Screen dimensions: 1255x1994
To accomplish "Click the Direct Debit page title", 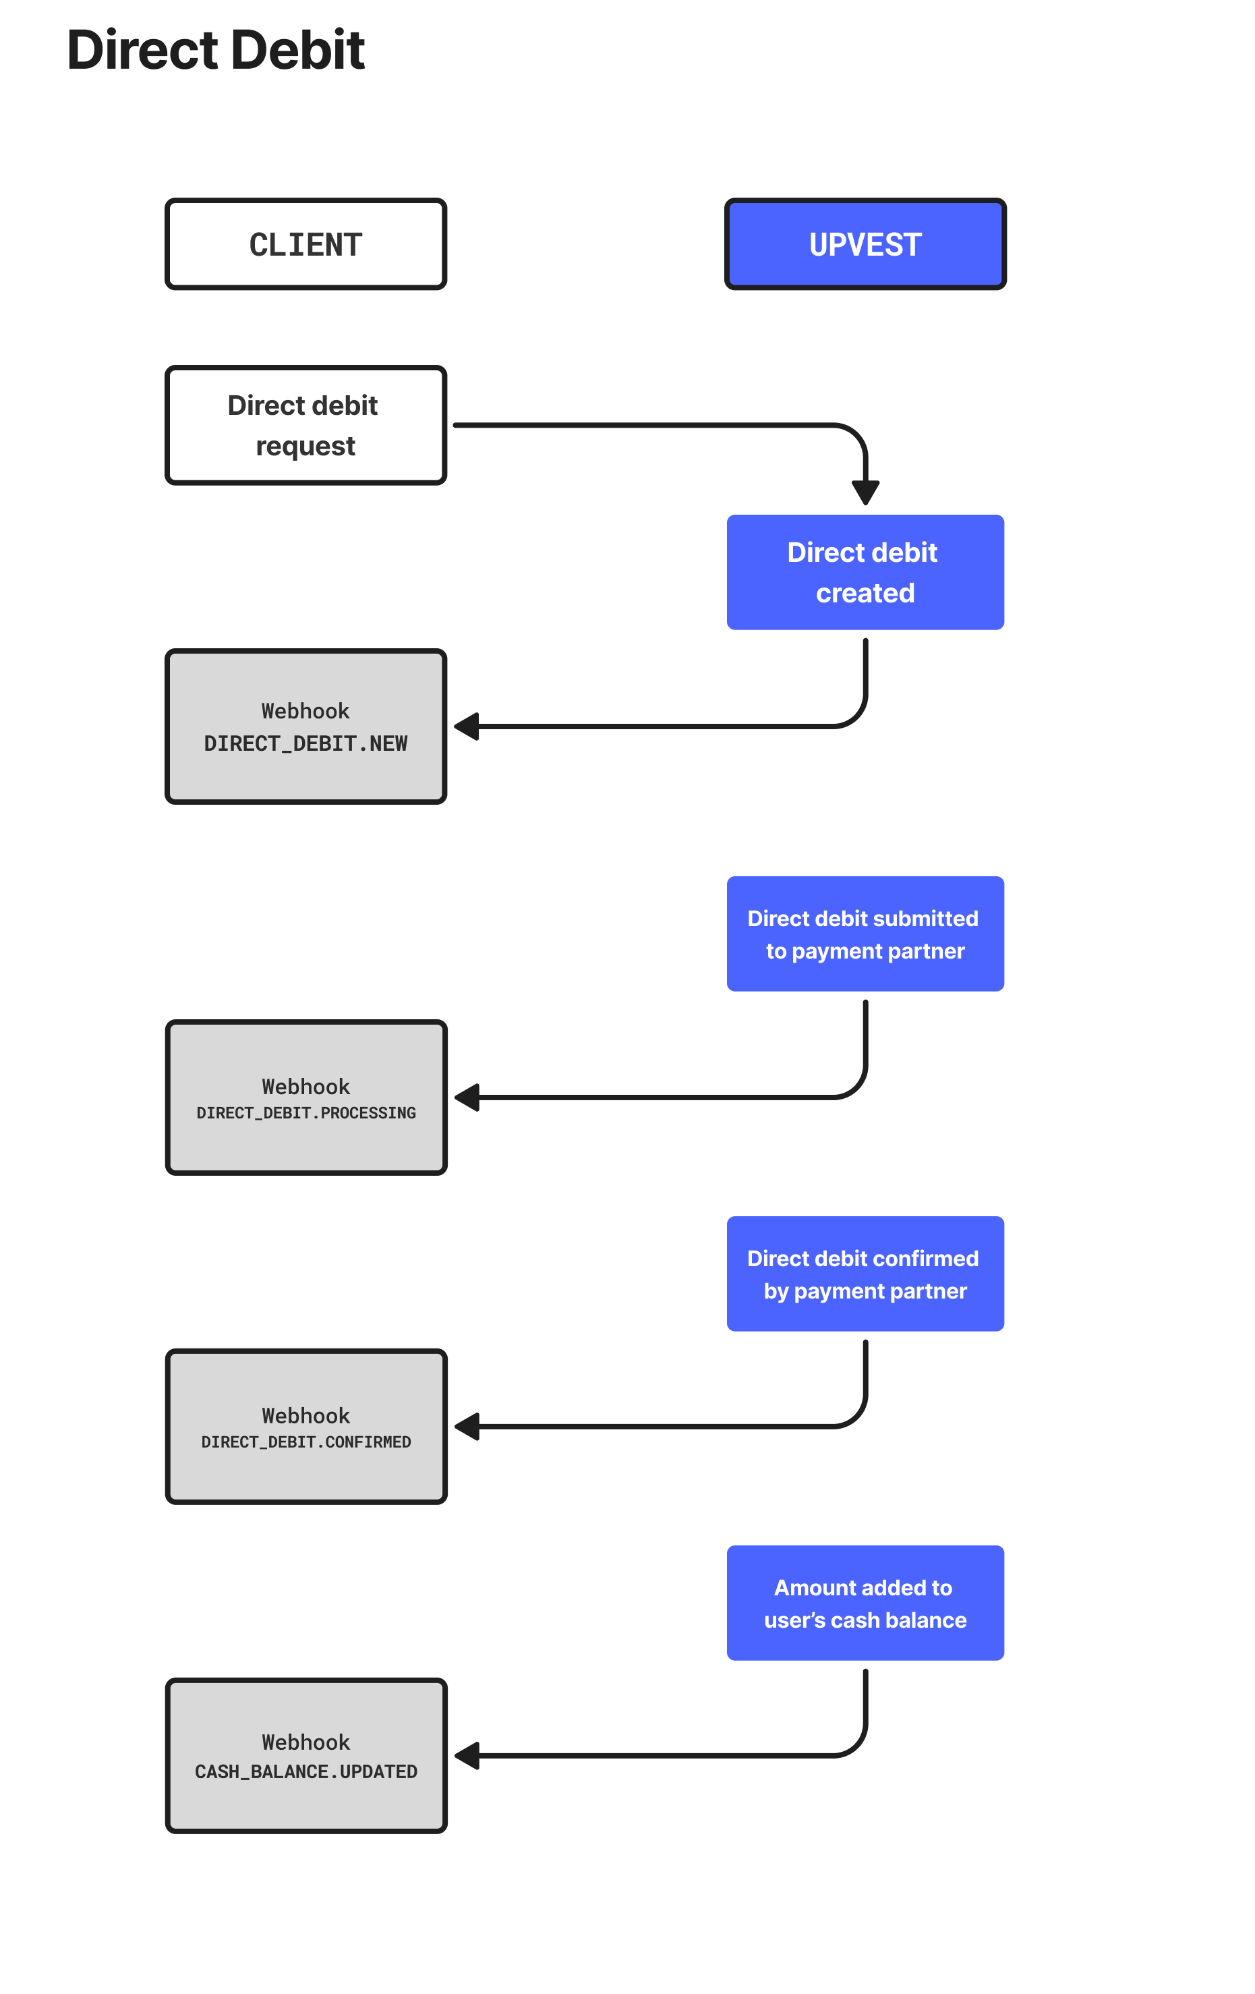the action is point(215,50).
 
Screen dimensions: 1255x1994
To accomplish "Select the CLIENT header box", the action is point(305,244).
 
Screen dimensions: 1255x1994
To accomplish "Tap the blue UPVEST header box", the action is point(865,244).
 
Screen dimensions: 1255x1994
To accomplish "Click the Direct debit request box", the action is point(305,425).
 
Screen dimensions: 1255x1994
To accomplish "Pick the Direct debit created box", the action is point(865,572).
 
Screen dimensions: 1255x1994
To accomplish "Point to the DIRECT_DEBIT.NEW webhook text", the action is point(305,743).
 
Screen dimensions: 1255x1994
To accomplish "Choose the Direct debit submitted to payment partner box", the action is point(865,934).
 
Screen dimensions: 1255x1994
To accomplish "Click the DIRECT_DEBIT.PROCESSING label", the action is point(305,1113).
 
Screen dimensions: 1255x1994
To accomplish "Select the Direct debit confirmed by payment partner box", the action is point(865,1274).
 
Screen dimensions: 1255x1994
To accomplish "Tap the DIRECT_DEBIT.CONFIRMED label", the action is point(305,1442).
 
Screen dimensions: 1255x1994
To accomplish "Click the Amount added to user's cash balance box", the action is point(865,1603).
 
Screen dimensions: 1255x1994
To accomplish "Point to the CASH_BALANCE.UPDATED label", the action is point(305,1771).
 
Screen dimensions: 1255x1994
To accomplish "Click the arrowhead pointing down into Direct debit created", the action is point(865,492).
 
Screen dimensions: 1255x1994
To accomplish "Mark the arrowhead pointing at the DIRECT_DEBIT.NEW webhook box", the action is point(467,727).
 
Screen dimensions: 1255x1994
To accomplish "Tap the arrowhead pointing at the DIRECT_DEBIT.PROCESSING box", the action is point(467,1098).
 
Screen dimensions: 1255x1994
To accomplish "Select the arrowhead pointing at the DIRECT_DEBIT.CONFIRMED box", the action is point(467,1427).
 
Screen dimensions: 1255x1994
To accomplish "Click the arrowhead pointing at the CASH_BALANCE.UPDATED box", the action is point(467,1755).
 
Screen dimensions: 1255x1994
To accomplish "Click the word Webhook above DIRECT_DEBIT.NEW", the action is point(305,710).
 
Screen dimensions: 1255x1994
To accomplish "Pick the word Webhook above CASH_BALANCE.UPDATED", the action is point(305,1742).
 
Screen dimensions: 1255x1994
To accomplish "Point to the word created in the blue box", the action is point(865,593).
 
